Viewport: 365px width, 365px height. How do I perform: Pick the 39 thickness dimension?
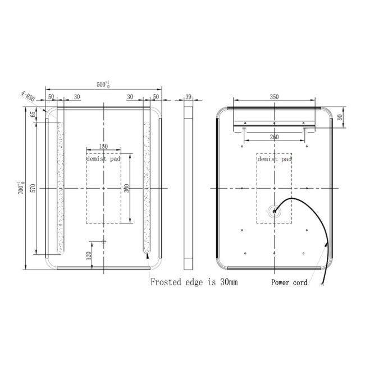[x=189, y=97]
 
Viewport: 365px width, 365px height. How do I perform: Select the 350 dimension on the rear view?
[x=274, y=97]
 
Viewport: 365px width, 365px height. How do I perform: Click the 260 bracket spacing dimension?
[x=274, y=137]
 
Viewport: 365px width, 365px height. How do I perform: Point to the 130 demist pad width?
[x=103, y=147]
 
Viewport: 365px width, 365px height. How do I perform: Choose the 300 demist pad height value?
[x=127, y=188]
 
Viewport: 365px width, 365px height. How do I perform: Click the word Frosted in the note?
[x=166, y=282]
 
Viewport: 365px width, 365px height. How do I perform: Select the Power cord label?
[x=289, y=283]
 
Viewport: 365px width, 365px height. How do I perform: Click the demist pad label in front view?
[x=103, y=159]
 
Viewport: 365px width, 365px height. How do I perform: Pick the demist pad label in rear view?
[x=275, y=159]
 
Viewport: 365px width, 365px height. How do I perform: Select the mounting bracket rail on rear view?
[x=274, y=123]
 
